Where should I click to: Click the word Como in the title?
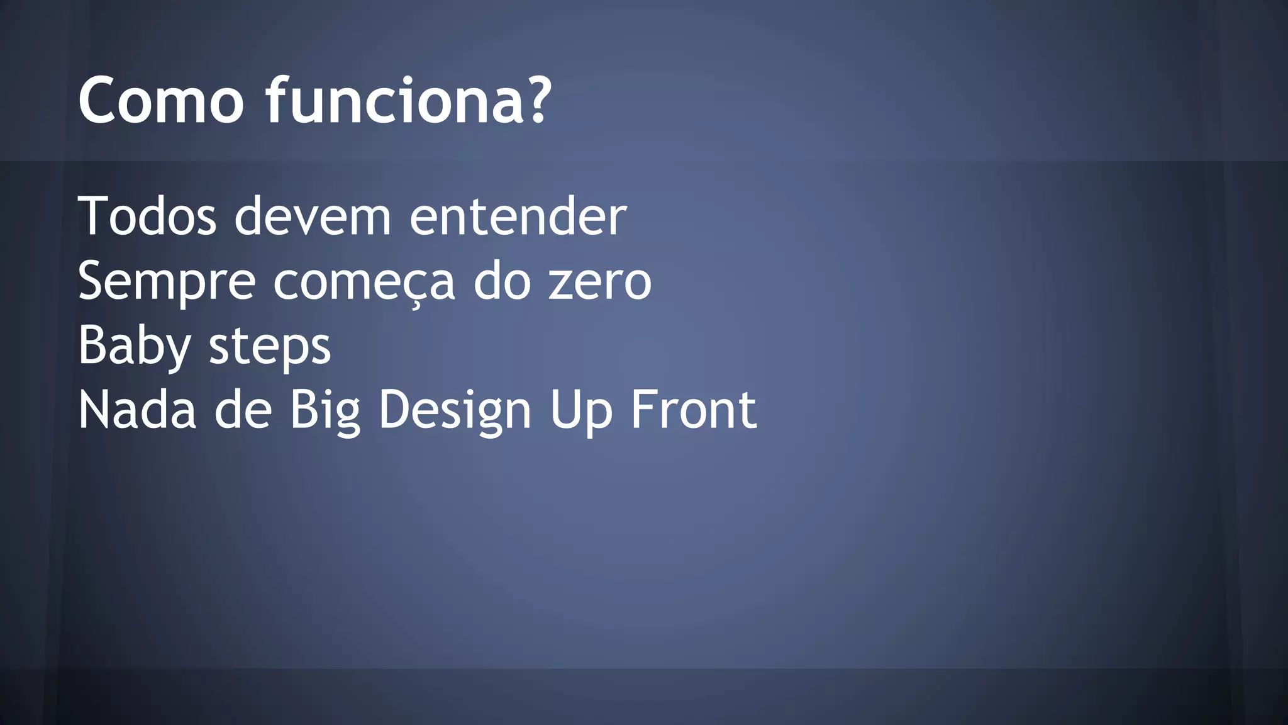point(161,101)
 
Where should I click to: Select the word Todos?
point(147,216)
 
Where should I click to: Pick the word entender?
point(518,216)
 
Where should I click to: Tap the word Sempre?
point(167,282)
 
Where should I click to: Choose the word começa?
point(364,282)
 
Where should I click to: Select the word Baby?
point(134,347)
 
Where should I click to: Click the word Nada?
point(137,410)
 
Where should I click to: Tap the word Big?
point(325,411)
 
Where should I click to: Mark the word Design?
point(455,411)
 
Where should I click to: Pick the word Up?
point(580,411)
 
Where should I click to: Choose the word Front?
point(693,410)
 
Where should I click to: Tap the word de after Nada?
point(243,410)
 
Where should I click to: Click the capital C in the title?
point(99,101)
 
